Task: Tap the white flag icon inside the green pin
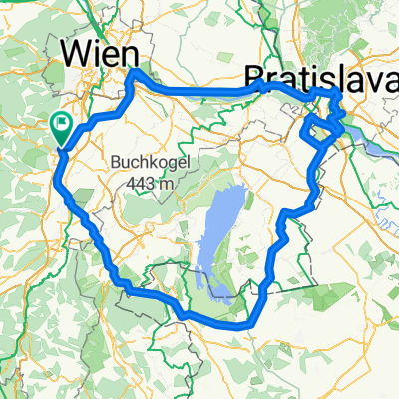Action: [x=61, y=125]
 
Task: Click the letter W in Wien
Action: [x=78, y=52]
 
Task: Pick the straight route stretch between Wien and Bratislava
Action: [x=199, y=92]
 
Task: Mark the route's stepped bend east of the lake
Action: [x=283, y=219]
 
